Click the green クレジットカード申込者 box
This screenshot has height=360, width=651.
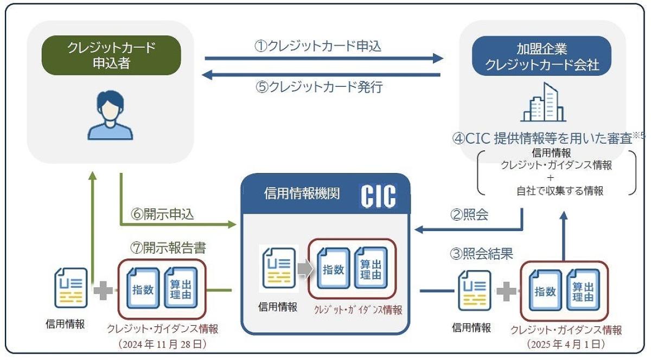pos(111,55)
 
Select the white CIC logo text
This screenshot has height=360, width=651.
pos(378,196)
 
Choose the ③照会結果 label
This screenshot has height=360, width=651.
pos(482,253)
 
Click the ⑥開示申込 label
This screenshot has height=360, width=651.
pos(162,215)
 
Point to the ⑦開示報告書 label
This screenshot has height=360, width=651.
pos(168,248)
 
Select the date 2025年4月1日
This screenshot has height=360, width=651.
pos(566,344)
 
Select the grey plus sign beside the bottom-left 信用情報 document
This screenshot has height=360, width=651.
pos(103,291)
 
